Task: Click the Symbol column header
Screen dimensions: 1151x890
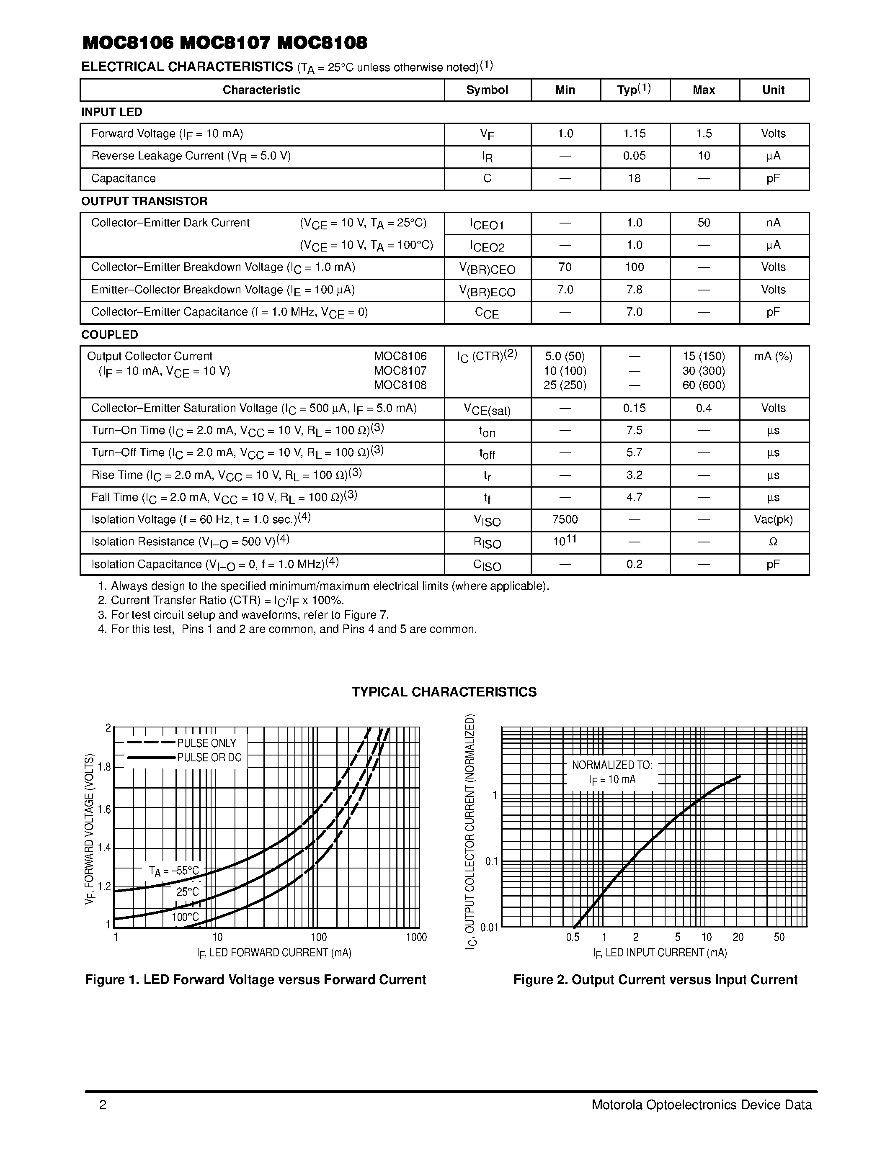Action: point(487,90)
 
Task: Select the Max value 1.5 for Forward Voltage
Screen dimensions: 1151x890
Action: point(704,134)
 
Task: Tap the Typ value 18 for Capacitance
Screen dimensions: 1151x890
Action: point(634,179)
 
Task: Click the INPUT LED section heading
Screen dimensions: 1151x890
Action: point(112,112)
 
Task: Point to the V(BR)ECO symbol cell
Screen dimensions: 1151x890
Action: point(487,291)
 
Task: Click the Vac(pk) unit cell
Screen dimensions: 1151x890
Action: point(773,520)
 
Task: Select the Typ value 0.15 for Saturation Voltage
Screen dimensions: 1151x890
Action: point(634,409)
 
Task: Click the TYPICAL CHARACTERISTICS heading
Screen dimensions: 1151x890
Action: point(444,692)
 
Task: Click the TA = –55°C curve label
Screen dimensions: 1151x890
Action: point(174,871)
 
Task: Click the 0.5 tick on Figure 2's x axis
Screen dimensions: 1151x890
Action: point(573,938)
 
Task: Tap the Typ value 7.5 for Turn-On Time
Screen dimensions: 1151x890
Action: point(634,431)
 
